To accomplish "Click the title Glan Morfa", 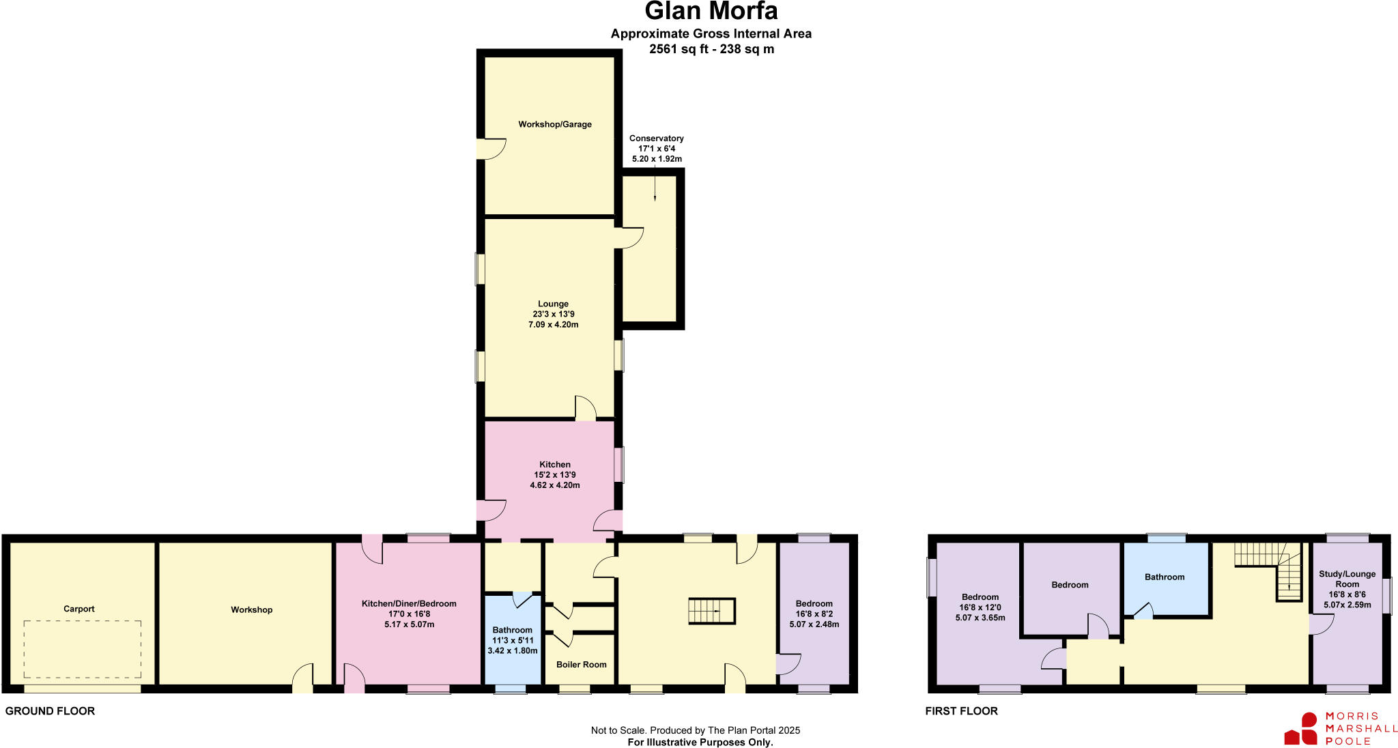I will (711, 12).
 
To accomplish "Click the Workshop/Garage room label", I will (554, 124).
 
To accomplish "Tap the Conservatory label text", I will (656, 139).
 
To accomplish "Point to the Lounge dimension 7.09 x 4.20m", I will (553, 325).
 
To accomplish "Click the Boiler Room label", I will (581, 665).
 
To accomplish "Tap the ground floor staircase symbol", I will (711, 611).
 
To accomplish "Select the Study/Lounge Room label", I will (1347, 579).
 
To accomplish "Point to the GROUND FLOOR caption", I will (50, 711).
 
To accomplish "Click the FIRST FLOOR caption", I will (961, 711).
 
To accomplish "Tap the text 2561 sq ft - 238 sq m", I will (711, 49).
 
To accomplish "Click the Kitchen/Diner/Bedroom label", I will (409, 604).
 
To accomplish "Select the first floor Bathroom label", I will (1165, 577).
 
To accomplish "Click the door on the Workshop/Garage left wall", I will (489, 148).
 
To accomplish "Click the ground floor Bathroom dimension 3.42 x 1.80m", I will (512, 651).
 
